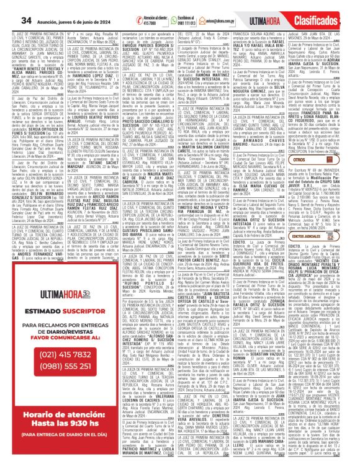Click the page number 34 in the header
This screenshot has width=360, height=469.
coord(9,8)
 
